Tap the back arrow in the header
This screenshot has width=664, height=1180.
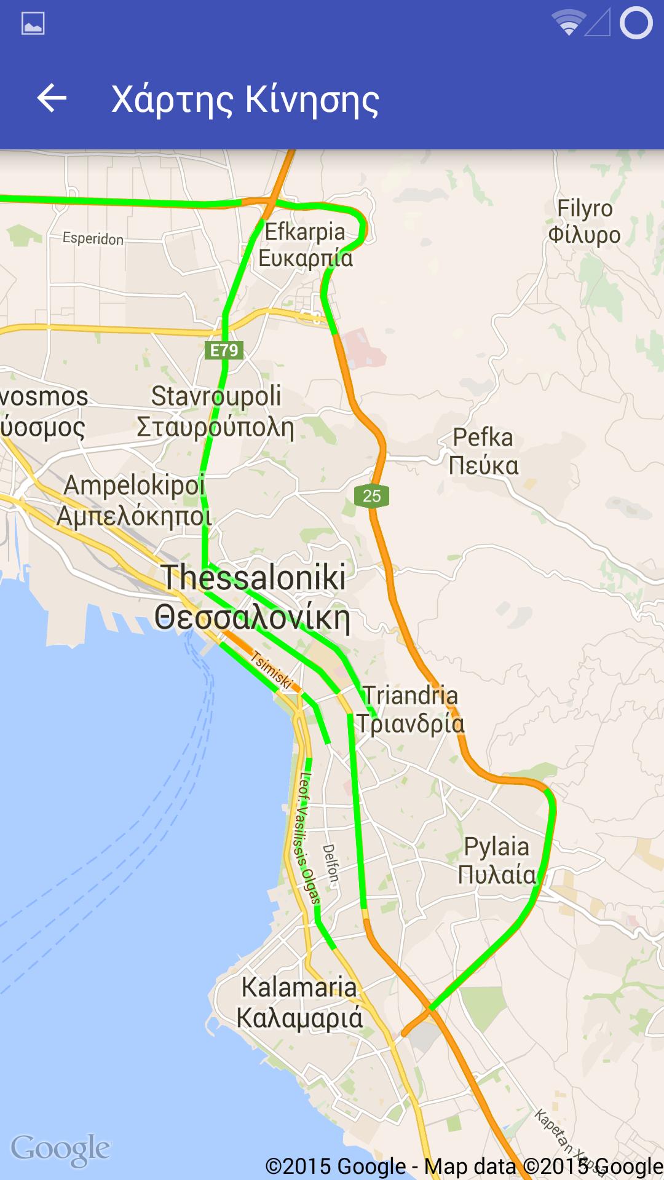coord(52,98)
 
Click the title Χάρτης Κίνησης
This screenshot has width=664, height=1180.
coord(245,100)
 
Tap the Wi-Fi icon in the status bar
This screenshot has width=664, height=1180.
coord(567,23)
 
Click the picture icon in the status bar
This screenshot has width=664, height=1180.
coord(33,24)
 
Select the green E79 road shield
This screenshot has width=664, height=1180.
coord(224,350)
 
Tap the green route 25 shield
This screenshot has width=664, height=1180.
coord(372,496)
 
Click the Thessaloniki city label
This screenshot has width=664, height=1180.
coord(253,597)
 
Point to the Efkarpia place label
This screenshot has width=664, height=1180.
coord(305,245)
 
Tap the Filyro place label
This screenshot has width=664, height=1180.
coord(584,221)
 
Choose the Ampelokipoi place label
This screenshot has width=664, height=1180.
coord(134,500)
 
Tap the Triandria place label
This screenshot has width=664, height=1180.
coord(410,709)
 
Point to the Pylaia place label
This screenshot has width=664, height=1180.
coord(497,860)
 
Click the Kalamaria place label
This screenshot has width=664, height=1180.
coord(299,1002)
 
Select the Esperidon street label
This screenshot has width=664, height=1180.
coord(93,238)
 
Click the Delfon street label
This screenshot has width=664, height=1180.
coord(331,863)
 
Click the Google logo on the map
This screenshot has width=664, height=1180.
coord(60,1149)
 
